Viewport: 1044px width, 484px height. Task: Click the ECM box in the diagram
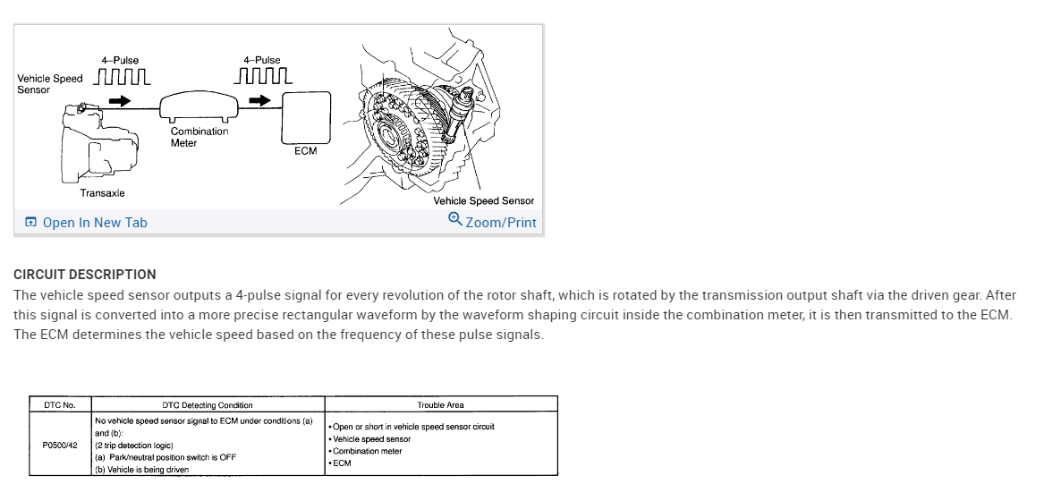pos(305,116)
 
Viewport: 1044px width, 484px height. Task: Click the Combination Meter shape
pos(199,108)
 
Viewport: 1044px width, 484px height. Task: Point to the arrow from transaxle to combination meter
pos(119,101)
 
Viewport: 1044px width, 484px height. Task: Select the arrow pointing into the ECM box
pos(259,100)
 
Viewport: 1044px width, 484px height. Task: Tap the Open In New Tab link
pos(94,223)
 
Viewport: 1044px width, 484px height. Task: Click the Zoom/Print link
pos(500,222)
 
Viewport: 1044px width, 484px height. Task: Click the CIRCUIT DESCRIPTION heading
pos(85,275)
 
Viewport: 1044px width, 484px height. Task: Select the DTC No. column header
pos(60,405)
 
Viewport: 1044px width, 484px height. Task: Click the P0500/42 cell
pos(60,445)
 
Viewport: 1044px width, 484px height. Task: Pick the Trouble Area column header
pos(440,405)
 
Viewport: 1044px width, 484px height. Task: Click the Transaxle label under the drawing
pos(102,193)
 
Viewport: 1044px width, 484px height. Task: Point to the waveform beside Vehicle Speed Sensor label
pos(122,78)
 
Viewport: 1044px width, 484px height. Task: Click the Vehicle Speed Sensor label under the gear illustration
pos(483,201)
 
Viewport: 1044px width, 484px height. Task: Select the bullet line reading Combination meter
pos(368,451)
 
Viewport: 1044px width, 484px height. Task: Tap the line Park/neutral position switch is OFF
pos(166,457)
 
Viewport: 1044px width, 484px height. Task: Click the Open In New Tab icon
pos(31,223)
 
